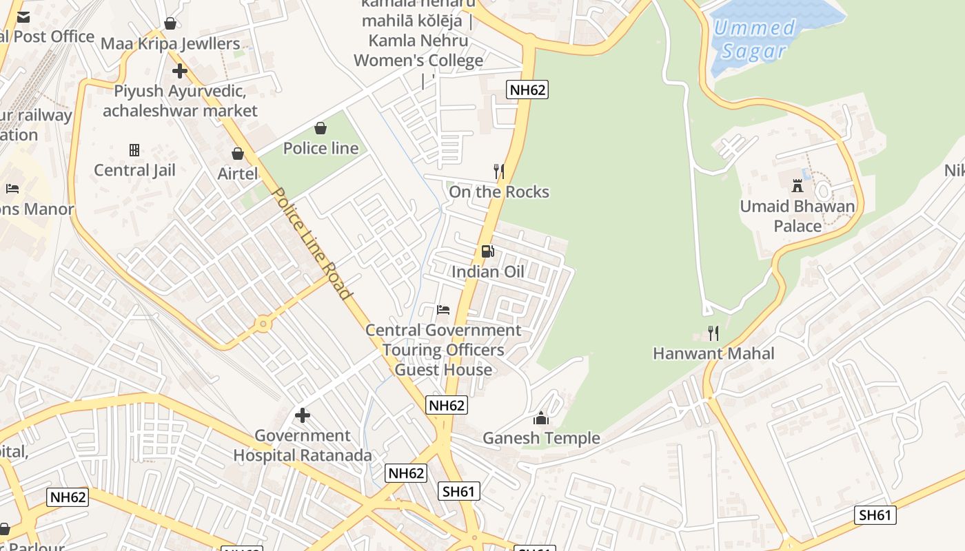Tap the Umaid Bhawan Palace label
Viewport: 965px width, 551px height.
[798, 216]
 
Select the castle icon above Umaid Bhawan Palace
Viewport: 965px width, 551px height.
[798, 185]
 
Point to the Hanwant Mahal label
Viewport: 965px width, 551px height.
[713, 353]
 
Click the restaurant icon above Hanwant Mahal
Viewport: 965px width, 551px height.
[713, 333]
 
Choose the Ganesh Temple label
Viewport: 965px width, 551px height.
[541, 438]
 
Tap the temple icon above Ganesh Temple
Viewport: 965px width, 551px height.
[541, 418]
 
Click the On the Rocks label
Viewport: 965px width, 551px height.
[499, 191]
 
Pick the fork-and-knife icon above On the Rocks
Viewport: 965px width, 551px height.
[499, 171]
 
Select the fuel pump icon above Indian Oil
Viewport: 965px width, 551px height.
[487, 251]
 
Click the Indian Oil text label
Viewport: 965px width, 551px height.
[487, 271]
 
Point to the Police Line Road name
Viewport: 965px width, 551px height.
[313, 243]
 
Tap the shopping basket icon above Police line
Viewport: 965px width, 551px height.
[321, 128]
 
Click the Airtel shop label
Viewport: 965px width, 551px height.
[238, 174]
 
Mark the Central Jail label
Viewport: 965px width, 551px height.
[134, 170]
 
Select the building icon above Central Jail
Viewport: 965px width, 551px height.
[134, 149]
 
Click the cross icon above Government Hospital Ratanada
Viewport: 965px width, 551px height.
[302, 415]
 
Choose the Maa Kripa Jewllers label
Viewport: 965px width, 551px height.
[170, 44]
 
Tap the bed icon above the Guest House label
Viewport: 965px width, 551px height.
[443, 310]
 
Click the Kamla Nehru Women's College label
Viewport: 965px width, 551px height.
[418, 50]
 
